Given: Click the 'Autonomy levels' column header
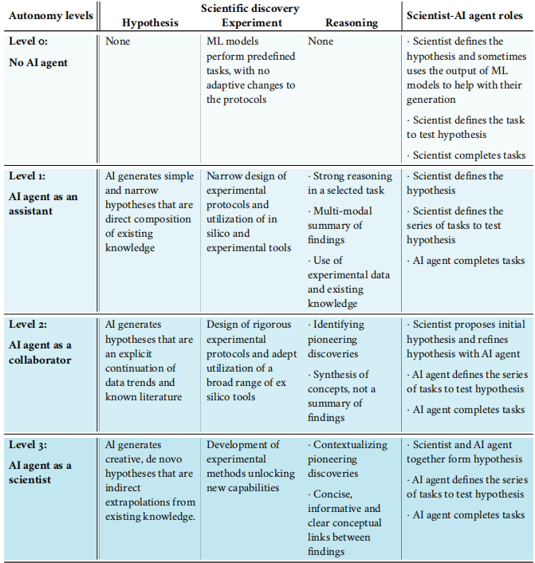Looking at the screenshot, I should (50, 15).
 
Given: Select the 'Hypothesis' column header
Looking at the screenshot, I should (150, 22).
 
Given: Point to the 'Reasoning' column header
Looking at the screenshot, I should (352, 22).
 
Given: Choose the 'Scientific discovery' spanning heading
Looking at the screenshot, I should (250, 9).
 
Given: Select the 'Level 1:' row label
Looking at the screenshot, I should (28, 176).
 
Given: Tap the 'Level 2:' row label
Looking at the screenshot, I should (29, 325).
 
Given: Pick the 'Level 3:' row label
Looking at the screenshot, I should (29, 445).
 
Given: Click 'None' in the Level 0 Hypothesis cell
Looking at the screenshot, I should (117, 41).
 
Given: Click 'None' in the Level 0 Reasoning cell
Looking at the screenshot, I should (321, 41).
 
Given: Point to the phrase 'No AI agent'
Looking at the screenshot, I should (38, 62).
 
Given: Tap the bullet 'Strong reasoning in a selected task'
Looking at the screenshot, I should (351, 183).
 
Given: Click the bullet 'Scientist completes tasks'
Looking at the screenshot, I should (467, 155).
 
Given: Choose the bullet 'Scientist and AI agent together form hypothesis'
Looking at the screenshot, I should (466, 451).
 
